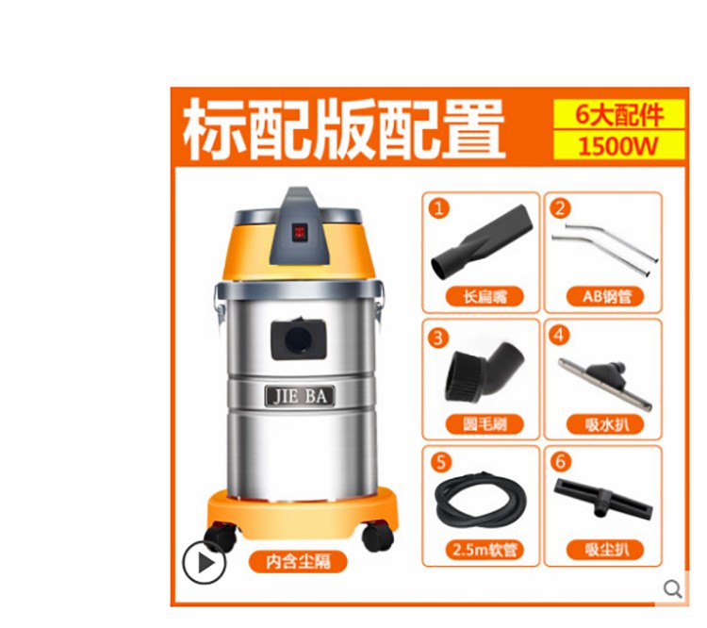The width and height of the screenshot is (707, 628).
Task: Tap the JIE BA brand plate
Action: click(300, 397)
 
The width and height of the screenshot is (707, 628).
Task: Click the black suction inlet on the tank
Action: click(298, 339)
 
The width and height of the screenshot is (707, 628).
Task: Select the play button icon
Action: click(204, 563)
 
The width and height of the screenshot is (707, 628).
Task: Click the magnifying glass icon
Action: click(673, 588)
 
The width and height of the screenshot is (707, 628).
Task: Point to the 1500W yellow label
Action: click(619, 146)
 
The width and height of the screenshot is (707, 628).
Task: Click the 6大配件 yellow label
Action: click(619, 114)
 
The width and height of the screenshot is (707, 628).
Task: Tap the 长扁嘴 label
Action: click(485, 297)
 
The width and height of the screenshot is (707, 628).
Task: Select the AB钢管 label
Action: click(605, 297)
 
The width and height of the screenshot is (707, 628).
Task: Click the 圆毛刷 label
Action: click(485, 424)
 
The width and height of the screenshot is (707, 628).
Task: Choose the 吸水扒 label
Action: click(605, 424)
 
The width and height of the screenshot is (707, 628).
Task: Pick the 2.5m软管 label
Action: click(485, 550)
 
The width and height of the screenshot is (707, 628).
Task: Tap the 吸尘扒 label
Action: click(605, 550)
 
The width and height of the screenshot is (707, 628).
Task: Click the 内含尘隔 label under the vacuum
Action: click(298, 562)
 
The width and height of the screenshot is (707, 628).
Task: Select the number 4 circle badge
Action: click(559, 335)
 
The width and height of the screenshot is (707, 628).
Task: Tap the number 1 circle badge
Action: click(438, 208)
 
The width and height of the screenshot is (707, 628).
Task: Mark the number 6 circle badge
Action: click(560, 461)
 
